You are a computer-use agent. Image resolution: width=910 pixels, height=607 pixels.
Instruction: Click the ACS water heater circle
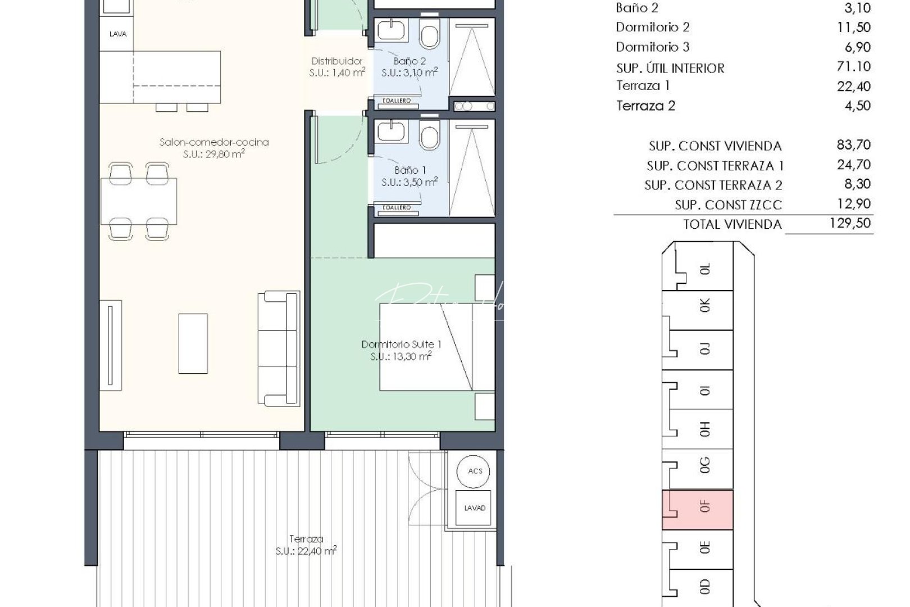point(475,471)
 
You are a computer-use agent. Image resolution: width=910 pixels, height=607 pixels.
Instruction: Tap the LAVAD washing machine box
point(475,508)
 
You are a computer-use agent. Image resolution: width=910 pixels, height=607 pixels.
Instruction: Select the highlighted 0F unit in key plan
point(698,509)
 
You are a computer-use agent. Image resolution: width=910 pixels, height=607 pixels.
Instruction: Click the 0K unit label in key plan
point(705,305)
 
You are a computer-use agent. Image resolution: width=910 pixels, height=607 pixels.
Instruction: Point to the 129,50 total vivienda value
point(850,223)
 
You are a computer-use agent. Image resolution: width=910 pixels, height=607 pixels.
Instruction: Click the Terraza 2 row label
point(645,106)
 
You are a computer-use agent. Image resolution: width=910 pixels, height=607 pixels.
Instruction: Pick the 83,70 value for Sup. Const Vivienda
point(853,145)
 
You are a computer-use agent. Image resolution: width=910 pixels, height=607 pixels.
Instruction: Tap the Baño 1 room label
point(410,170)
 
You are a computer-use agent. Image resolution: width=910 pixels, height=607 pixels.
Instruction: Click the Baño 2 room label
point(410,61)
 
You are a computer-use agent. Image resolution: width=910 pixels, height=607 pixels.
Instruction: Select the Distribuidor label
point(337,61)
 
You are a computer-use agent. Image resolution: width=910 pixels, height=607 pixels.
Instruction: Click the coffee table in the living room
point(193,343)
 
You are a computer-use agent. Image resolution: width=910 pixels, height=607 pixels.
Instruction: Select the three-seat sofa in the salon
point(279,348)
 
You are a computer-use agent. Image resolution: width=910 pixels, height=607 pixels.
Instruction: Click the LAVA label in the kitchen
point(118,34)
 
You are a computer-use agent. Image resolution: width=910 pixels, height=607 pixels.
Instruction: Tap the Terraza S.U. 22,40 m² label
point(306,545)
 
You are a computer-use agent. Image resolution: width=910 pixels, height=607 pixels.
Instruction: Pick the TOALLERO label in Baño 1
point(397,207)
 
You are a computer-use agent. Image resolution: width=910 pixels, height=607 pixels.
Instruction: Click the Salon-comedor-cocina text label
point(214,142)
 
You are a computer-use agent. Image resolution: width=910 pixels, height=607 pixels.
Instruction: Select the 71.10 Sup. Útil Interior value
point(853,66)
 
